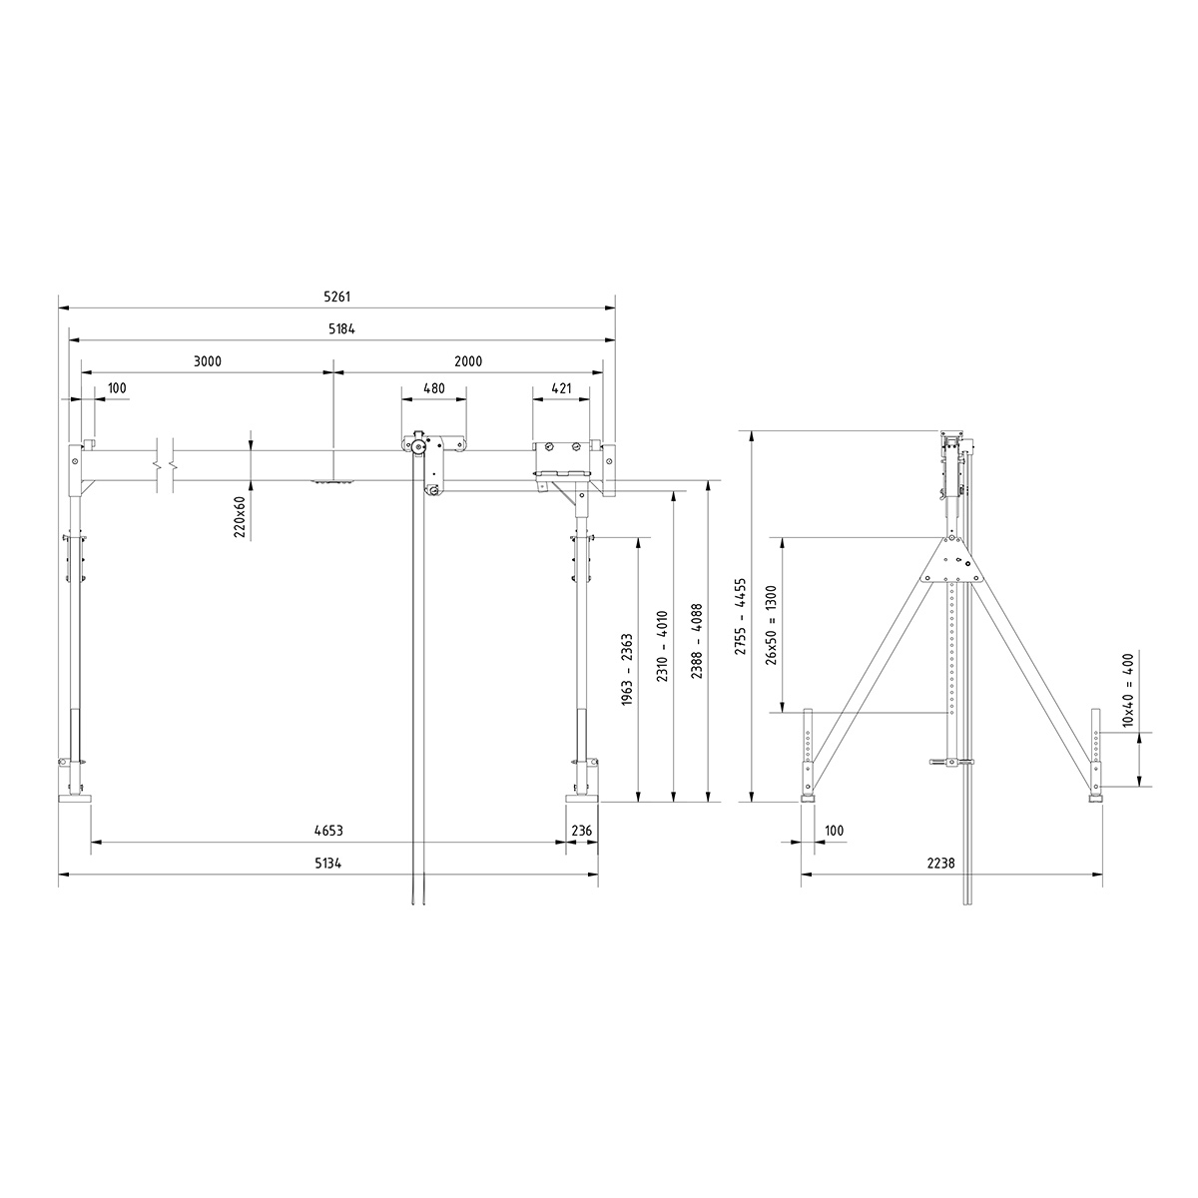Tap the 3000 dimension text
point(207,360)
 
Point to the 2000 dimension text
point(467,360)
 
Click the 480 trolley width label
point(433,387)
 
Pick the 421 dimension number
point(561,387)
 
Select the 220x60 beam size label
point(239,517)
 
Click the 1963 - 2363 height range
point(627,669)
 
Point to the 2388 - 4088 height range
point(695,641)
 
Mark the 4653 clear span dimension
point(328,830)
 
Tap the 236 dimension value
point(581,830)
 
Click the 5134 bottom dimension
point(328,864)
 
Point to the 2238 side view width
point(953,864)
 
